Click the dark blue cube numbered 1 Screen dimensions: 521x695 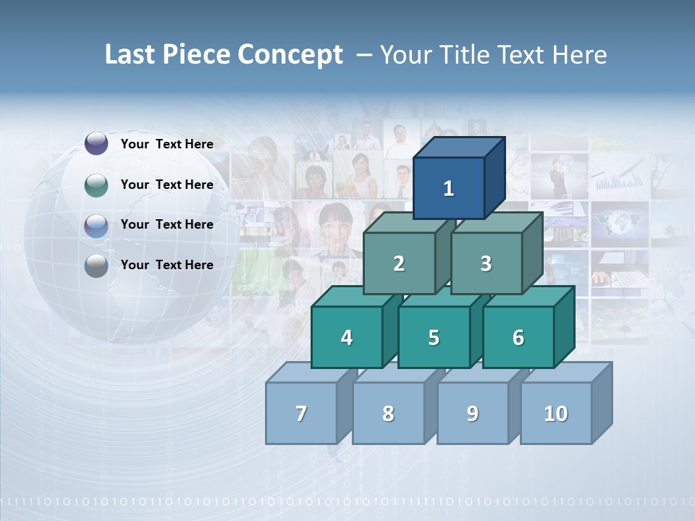pyautogui.click(x=449, y=188)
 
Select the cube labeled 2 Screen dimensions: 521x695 pyautogui.click(x=399, y=263)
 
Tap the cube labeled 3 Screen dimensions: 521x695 pyautogui.click(x=486, y=263)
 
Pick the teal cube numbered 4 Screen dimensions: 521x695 pyautogui.click(x=347, y=337)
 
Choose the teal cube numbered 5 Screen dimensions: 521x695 pyautogui.click(x=434, y=337)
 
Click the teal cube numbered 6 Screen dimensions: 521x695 pyautogui.click(x=518, y=337)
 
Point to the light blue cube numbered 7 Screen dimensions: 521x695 pyautogui.click(x=301, y=413)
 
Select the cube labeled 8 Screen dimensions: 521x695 pyautogui.click(x=388, y=413)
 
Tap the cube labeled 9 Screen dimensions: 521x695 pyautogui.click(x=472, y=413)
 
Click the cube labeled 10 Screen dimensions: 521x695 pyautogui.click(x=555, y=413)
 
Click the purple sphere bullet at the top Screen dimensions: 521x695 pyautogui.click(x=96, y=144)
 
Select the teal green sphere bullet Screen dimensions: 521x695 pyautogui.click(x=96, y=185)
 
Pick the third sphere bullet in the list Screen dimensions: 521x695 pyautogui.click(x=96, y=226)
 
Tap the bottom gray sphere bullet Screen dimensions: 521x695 pyautogui.click(x=96, y=266)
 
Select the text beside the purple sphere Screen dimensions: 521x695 pyautogui.click(x=167, y=144)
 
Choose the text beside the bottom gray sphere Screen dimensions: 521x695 pyautogui.click(x=167, y=265)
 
